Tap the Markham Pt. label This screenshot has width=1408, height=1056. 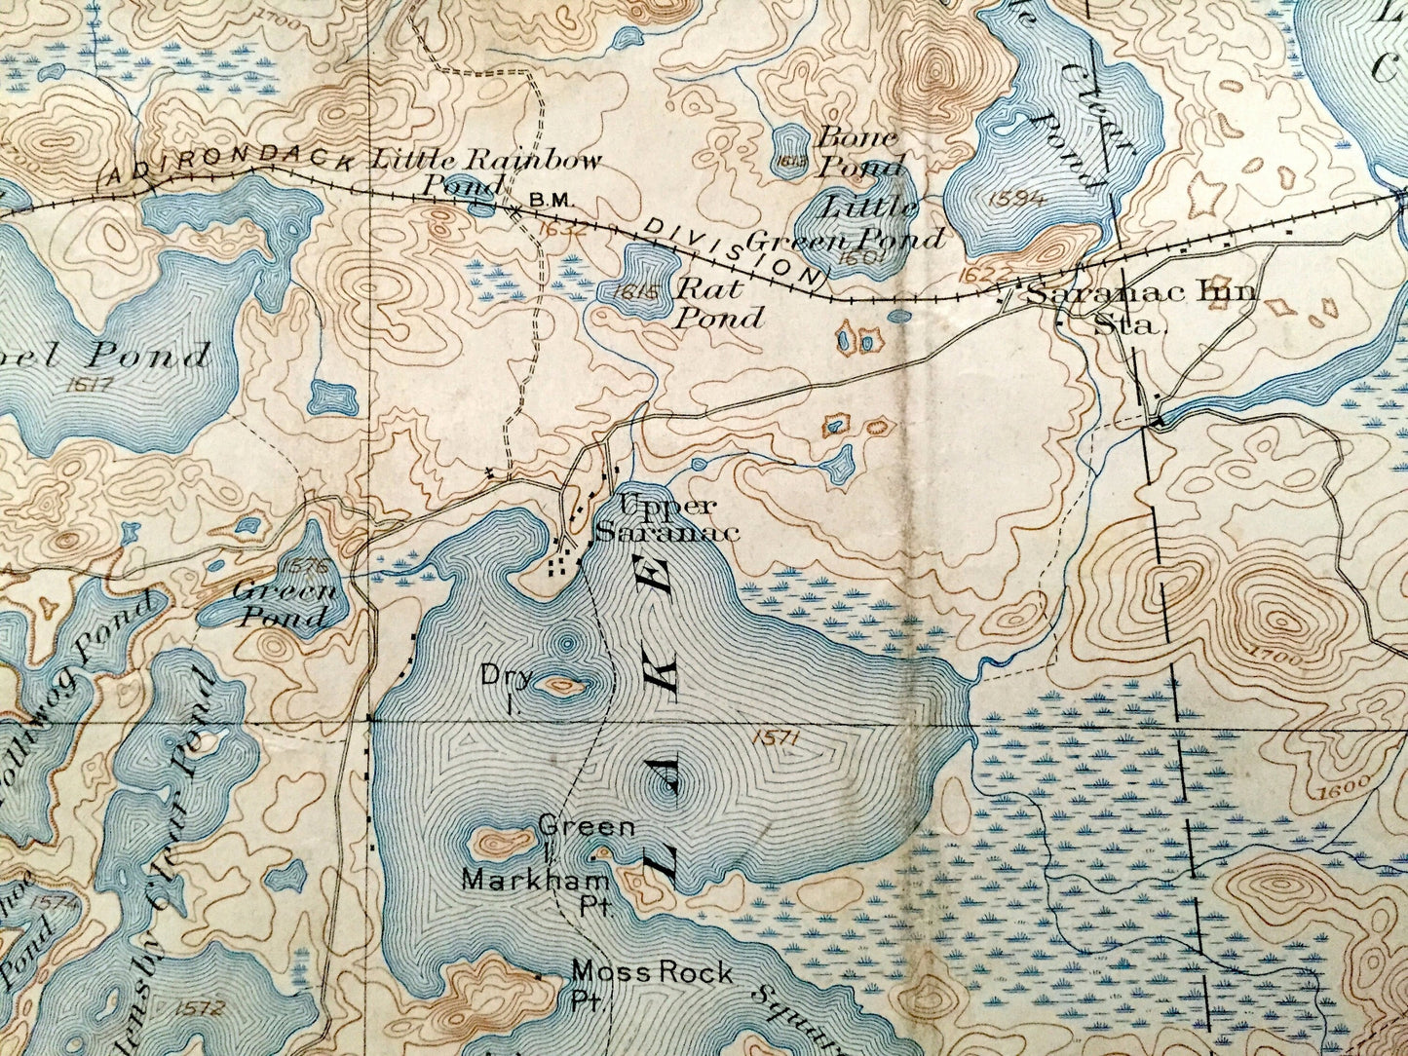[x=536, y=891]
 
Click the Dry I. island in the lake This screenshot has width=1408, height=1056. [x=560, y=686]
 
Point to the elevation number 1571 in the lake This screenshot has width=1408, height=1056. [x=776, y=740]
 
